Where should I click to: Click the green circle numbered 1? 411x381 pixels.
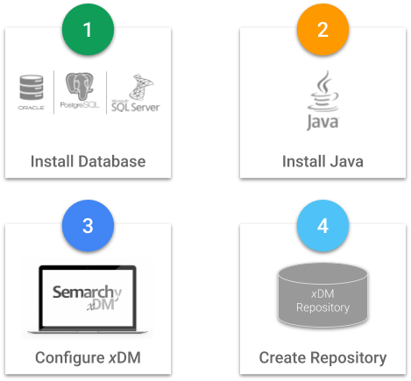click(88, 30)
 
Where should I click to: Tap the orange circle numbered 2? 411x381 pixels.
click(322, 30)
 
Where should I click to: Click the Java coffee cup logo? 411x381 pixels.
click(322, 90)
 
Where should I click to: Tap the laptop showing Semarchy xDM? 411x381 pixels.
click(88, 298)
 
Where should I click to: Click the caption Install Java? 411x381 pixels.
click(322, 162)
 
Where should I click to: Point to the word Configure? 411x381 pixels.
click(68, 358)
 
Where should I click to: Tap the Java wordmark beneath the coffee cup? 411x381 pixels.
click(322, 122)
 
